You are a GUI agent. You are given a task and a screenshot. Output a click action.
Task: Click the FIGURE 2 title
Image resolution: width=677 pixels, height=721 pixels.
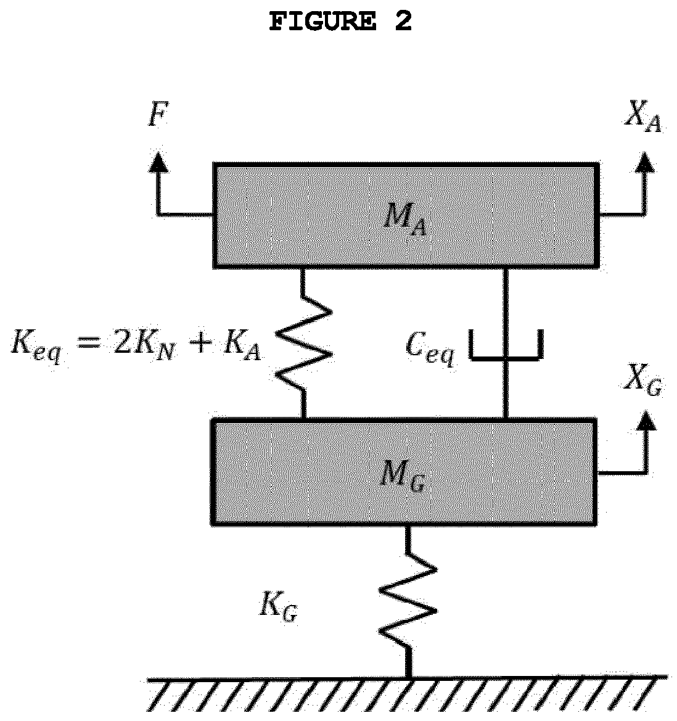coord(340,21)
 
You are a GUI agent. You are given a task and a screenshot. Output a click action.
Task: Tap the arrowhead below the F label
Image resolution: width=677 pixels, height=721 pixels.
coord(158,162)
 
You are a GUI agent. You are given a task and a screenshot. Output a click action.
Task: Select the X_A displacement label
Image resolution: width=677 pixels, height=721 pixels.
coord(643,117)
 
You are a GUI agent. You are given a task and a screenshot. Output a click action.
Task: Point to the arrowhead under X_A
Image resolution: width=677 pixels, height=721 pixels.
coord(646,162)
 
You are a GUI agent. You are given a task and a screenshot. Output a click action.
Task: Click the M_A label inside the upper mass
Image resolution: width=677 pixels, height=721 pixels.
coord(404,219)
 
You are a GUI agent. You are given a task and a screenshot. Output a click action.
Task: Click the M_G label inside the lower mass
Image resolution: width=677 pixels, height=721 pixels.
coord(403,476)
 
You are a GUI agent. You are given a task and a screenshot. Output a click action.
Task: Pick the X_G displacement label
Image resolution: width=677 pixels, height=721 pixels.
coord(643,380)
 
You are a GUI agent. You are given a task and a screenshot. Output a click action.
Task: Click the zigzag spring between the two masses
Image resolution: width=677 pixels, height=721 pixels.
coord(303,342)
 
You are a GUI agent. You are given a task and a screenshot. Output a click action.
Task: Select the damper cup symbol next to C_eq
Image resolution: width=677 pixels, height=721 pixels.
coord(506,344)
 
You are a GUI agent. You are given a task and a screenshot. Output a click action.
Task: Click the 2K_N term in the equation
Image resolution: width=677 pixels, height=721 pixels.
coord(144,344)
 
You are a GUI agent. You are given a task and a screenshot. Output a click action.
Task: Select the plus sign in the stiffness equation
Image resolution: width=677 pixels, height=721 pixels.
coord(199,342)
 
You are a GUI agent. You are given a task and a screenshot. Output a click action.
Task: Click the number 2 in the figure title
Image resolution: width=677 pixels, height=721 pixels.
coord(403,21)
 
